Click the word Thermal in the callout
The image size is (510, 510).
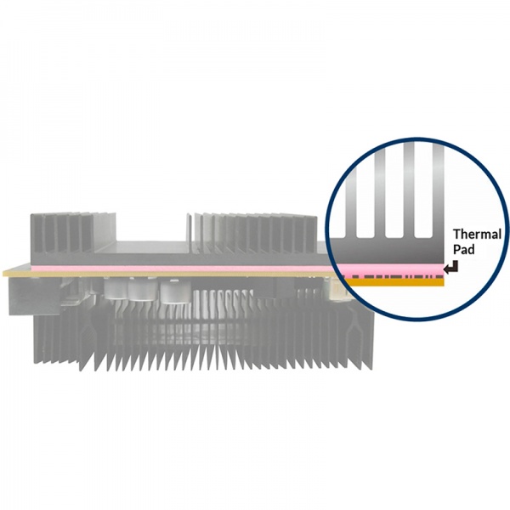[477, 235]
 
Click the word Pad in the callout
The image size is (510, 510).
[464, 250]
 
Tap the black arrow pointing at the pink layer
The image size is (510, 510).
[451, 267]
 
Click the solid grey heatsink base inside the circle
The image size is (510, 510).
[387, 251]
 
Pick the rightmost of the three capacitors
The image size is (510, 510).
[174, 292]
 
